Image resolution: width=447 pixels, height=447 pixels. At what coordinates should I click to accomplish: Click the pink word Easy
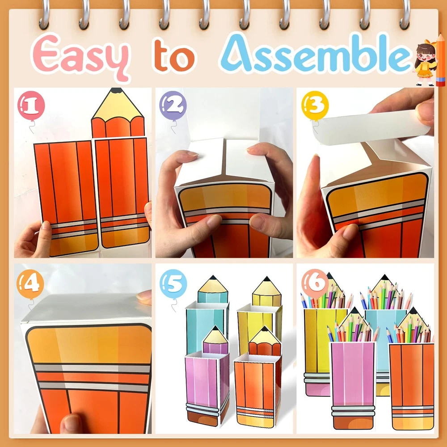click(80, 56)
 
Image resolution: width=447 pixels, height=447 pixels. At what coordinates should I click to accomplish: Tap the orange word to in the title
click(174, 55)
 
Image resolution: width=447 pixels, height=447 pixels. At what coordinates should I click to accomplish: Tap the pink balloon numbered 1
click(31, 105)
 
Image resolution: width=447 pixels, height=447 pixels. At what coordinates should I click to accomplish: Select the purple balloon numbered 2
click(173, 105)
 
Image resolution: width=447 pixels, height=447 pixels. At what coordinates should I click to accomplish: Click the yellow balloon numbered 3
click(315, 105)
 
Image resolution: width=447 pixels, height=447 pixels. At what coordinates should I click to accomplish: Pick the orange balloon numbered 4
click(30, 284)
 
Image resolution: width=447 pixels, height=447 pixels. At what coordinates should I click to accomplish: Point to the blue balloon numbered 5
click(173, 284)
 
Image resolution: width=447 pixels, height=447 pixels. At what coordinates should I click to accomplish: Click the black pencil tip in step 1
click(117, 91)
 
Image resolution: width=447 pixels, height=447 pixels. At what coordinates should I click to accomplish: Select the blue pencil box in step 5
click(207, 314)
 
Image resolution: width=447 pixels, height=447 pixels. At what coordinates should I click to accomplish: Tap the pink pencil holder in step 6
click(353, 385)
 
